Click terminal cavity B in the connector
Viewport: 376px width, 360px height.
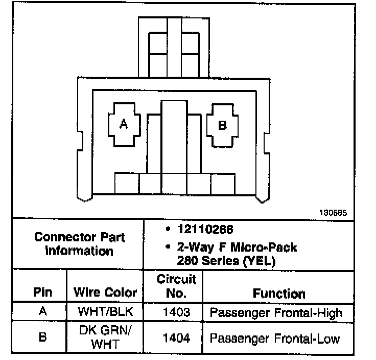222,125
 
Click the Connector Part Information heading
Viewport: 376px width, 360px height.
79,244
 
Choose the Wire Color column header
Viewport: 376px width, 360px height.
105,292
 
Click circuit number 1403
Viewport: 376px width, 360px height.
174,311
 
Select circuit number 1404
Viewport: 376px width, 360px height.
174,337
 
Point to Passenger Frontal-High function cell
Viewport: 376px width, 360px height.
276,311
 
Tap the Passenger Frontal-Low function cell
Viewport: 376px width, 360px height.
275,338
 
